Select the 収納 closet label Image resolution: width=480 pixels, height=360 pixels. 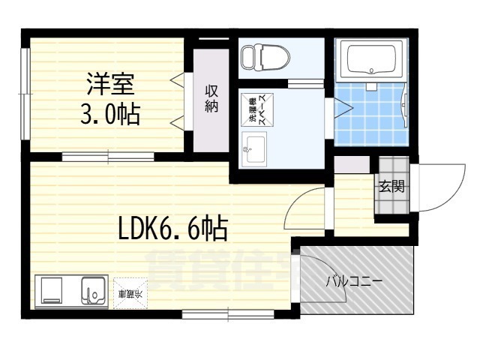click(x=212, y=98)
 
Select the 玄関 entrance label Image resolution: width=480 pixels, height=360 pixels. click(x=391, y=186)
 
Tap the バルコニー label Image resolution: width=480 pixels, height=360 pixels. click(x=354, y=283)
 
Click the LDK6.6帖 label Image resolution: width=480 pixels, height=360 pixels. click(x=172, y=228)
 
